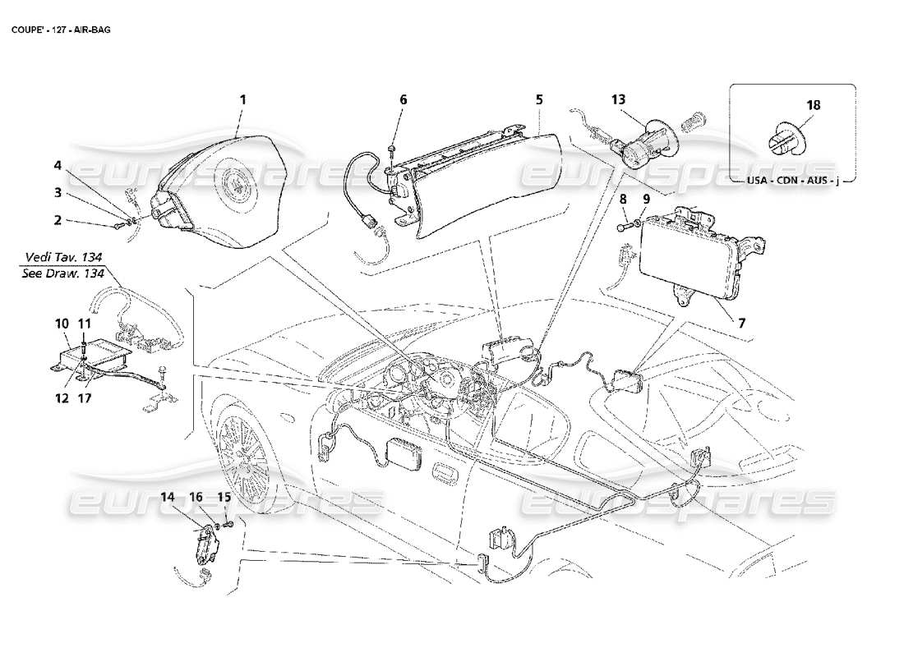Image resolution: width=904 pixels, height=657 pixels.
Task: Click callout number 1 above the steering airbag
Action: (x=242, y=99)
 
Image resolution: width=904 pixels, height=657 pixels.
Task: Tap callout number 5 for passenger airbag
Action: (x=539, y=99)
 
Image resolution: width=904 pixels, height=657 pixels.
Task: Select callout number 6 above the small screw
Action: (x=403, y=99)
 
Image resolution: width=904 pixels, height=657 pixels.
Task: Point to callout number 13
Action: (x=618, y=99)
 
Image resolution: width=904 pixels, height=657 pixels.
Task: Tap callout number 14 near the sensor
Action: (x=168, y=497)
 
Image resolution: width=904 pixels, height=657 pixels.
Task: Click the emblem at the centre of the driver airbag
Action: (x=239, y=181)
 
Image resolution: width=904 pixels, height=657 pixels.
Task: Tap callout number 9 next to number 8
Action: (x=646, y=198)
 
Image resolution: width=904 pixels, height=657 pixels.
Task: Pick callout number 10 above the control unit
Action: (x=63, y=324)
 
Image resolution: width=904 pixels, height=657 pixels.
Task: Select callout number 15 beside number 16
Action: (x=224, y=497)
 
